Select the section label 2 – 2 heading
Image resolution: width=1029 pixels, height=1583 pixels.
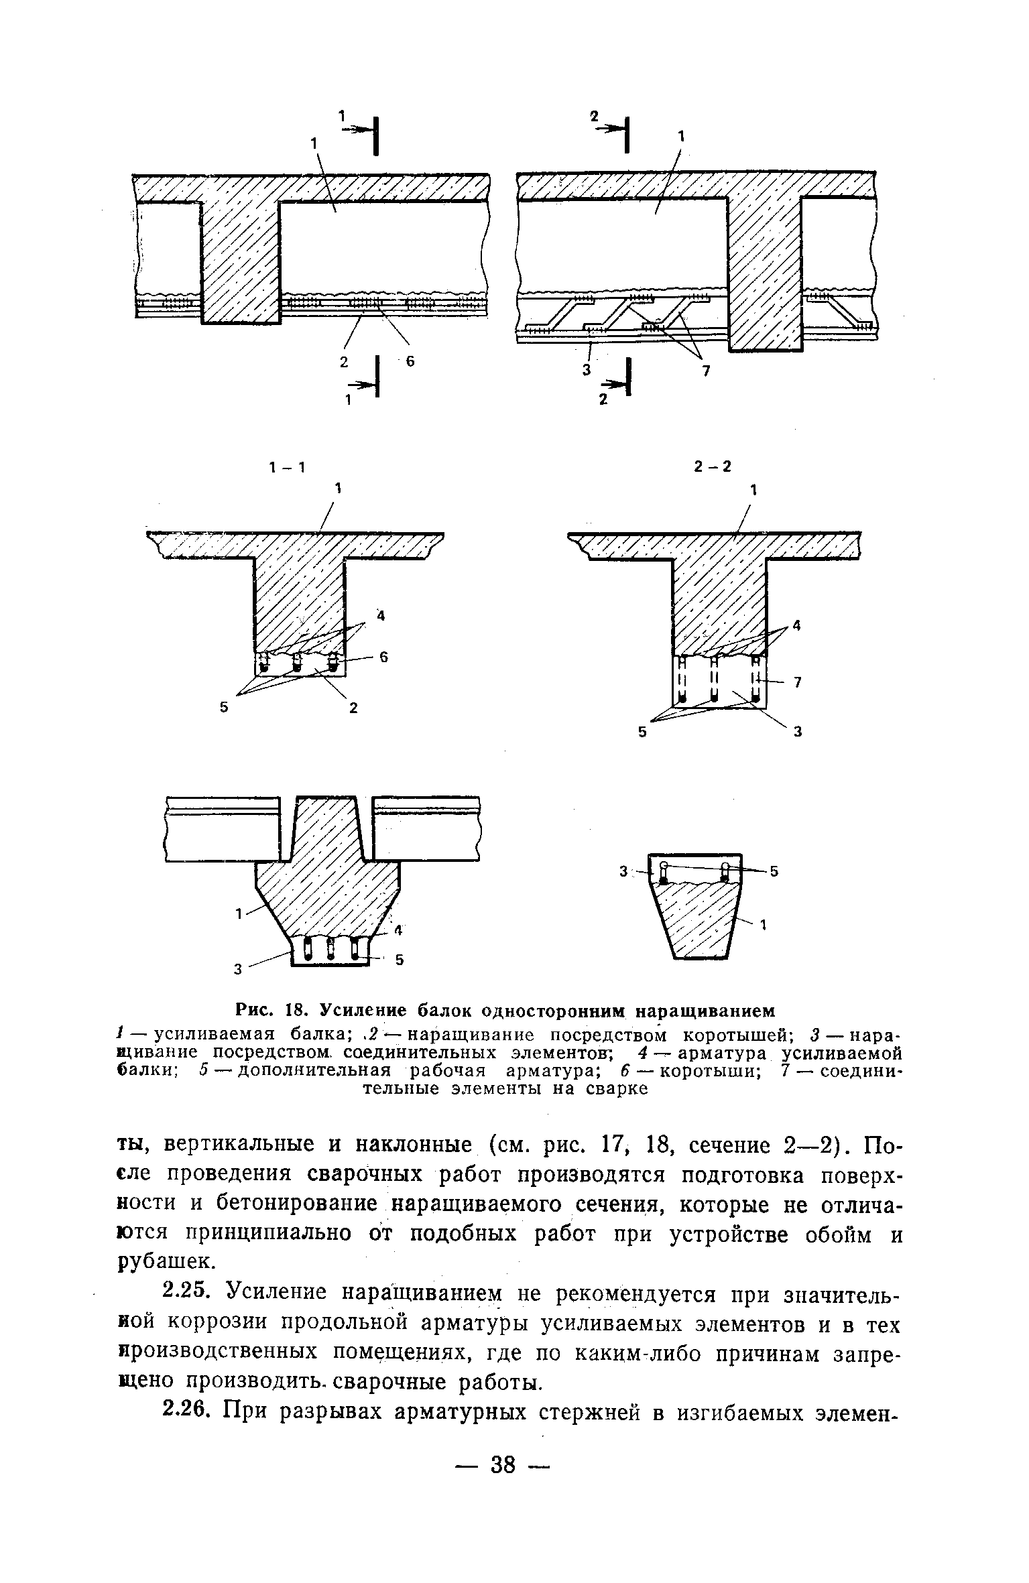[713, 467]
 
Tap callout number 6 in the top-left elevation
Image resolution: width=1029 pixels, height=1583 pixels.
[411, 361]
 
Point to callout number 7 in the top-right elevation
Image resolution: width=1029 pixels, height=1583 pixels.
[705, 371]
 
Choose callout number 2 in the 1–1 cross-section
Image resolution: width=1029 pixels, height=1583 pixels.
[353, 706]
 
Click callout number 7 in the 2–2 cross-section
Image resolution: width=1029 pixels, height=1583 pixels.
[798, 682]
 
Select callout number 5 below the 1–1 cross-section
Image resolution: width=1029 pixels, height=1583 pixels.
[224, 706]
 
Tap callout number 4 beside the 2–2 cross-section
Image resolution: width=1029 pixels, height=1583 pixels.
[796, 625]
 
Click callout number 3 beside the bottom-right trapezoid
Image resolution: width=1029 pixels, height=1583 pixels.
[623, 871]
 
